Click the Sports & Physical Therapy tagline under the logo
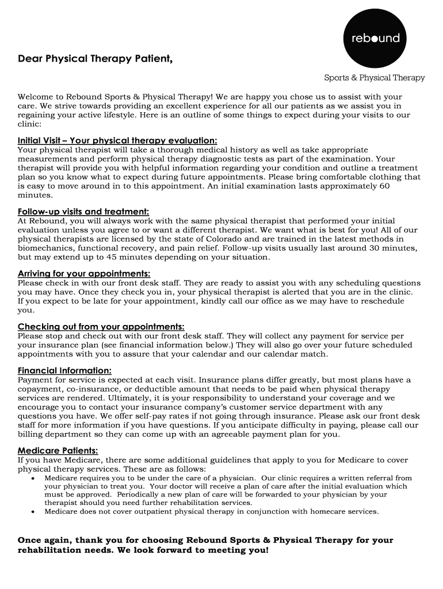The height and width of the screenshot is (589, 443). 374,78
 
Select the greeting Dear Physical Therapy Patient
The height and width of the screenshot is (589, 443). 95,59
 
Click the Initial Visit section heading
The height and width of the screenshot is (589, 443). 117,140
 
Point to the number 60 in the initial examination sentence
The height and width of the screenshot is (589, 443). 385,186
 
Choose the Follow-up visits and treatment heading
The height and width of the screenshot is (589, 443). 83,212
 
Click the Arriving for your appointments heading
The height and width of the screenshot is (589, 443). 84,274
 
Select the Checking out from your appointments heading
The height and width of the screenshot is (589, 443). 101,327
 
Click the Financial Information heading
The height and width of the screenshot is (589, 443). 64,370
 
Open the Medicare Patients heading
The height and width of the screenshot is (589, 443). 58,450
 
